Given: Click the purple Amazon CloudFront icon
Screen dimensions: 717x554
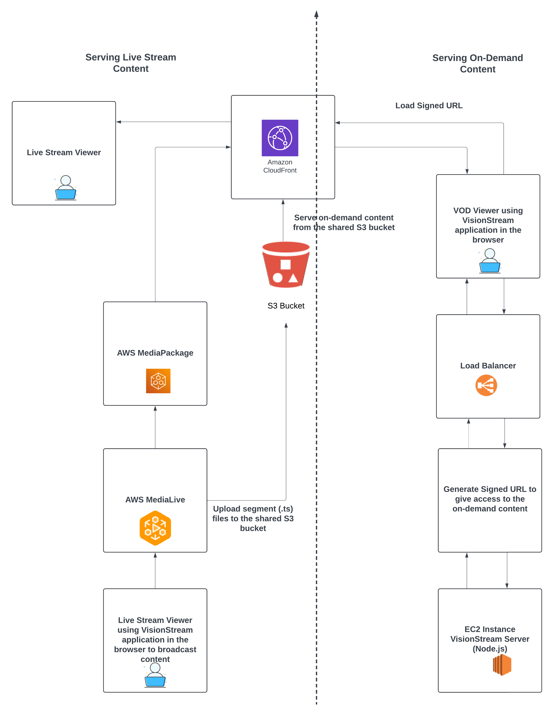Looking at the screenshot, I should [x=280, y=138].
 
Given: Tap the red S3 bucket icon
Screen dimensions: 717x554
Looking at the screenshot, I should [x=286, y=265].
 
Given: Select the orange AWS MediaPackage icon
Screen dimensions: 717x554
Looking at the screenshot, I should [x=158, y=381].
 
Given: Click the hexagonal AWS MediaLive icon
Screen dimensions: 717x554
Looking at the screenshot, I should [x=155, y=528].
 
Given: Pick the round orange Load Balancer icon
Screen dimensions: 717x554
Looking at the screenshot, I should [x=486, y=385].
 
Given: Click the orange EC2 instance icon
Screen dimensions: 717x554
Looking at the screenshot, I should [x=502, y=665].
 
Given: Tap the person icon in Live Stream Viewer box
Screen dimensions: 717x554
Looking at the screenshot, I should [x=66, y=188].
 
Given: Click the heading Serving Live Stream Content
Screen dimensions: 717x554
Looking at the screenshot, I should [x=131, y=63].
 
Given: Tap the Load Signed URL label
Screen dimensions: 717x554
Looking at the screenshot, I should [x=429, y=105].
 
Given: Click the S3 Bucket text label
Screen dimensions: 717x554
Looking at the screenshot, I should [x=286, y=306].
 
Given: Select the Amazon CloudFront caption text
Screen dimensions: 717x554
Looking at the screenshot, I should [x=280, y=166].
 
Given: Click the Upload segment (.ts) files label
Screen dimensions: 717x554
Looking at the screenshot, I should [x=253, y=518].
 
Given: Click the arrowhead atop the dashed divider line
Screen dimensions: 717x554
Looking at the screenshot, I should [x=316, y=14].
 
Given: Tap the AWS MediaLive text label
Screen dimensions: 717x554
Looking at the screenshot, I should [x=155, y=500].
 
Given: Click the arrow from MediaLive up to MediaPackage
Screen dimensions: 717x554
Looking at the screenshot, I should [x=155, y=427].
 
